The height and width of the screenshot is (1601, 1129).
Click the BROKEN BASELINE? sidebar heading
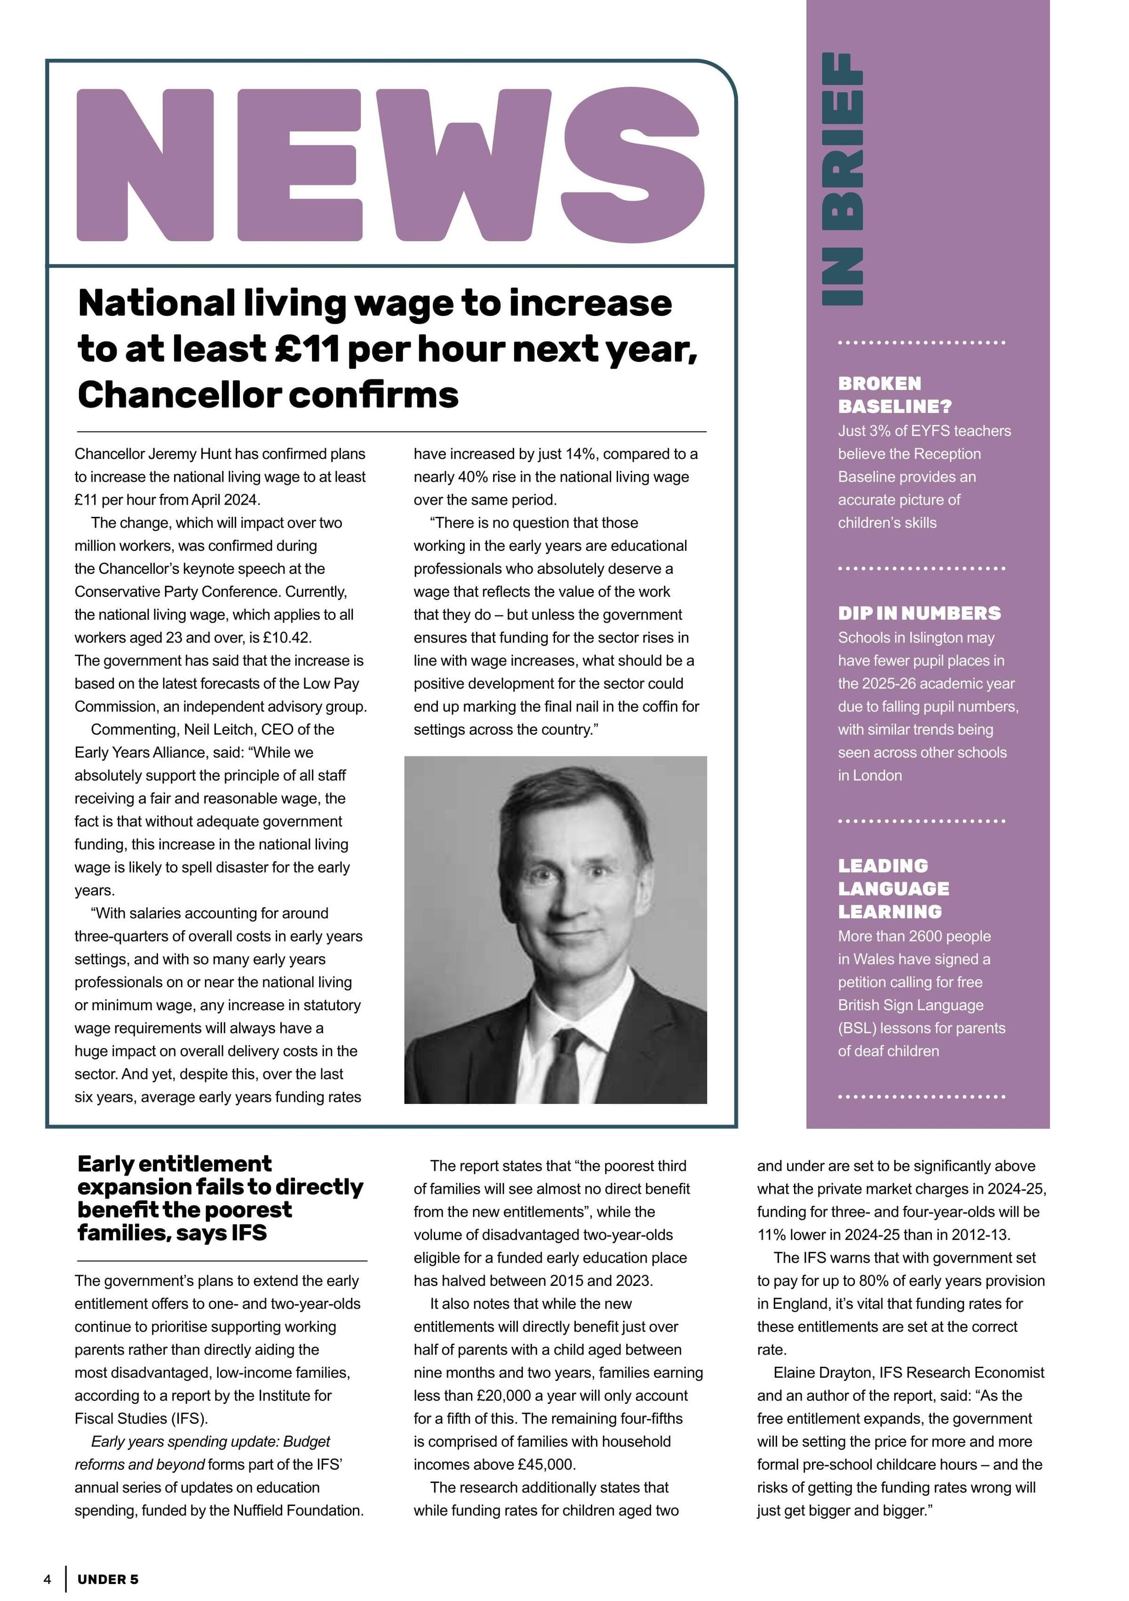point(895,395)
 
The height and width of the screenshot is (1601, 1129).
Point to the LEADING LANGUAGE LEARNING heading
point(893,888)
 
